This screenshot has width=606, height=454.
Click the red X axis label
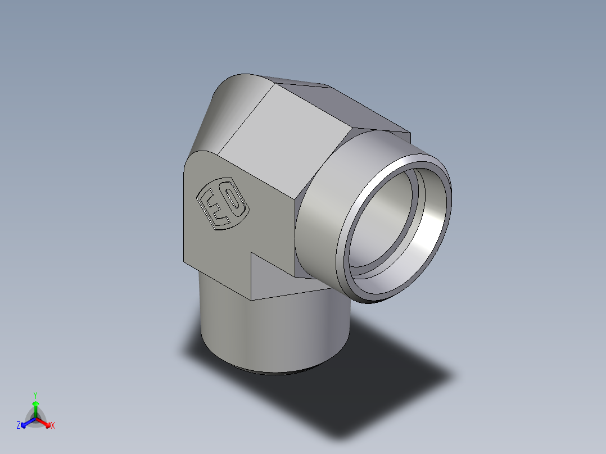click(53, 425)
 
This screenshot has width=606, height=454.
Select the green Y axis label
click(35, 394)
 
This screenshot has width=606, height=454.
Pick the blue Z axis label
click(19, 425)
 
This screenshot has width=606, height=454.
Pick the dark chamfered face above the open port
click(360, 110)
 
